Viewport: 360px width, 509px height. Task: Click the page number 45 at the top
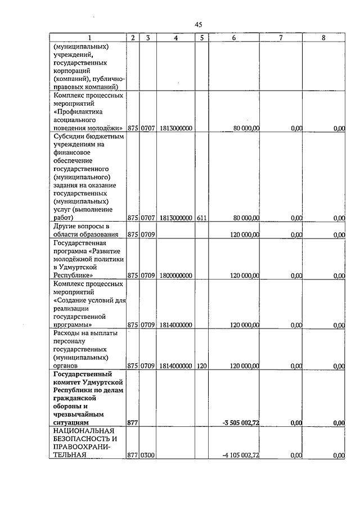(198, 24)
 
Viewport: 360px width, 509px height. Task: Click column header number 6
(233, 38)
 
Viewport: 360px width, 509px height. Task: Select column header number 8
(322, 38)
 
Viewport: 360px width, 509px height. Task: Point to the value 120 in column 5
(202, 366)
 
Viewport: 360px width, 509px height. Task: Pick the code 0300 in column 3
(147, 456)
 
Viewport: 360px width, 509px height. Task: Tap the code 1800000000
(176, 276)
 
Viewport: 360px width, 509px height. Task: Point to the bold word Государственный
(82, 373)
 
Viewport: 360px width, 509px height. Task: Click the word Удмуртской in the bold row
(104, 382)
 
